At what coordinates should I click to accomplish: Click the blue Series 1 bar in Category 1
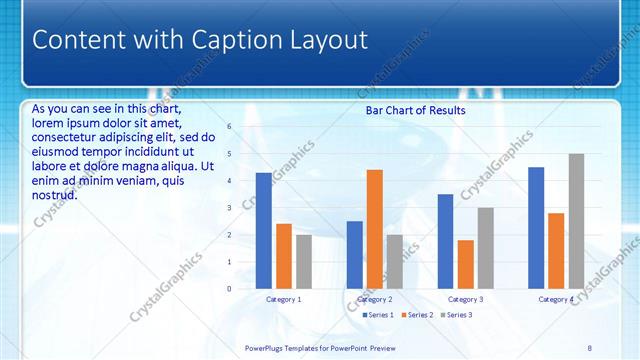point(263,231)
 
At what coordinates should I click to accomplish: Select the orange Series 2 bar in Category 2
point(374,229)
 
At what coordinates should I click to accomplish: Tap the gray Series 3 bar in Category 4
point(576,221)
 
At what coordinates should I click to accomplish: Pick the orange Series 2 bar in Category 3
point(465,264)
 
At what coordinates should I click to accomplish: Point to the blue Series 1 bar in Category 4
point(536,228)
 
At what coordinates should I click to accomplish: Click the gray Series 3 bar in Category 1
point(303,262)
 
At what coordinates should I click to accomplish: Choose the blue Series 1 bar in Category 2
point(354,255)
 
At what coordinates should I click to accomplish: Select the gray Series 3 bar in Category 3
point(485,248)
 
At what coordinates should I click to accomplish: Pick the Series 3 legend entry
point(457,315)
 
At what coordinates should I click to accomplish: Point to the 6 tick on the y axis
point(229,127)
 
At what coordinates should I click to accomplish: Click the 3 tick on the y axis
point(229,208)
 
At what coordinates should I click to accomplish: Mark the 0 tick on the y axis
point(229,289)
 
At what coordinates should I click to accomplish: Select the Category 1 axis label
point(283,299)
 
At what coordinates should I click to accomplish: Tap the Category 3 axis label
point(465,299)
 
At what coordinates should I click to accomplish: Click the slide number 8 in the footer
point(589,348)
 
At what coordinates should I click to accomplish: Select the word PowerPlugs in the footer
point(267,348)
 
